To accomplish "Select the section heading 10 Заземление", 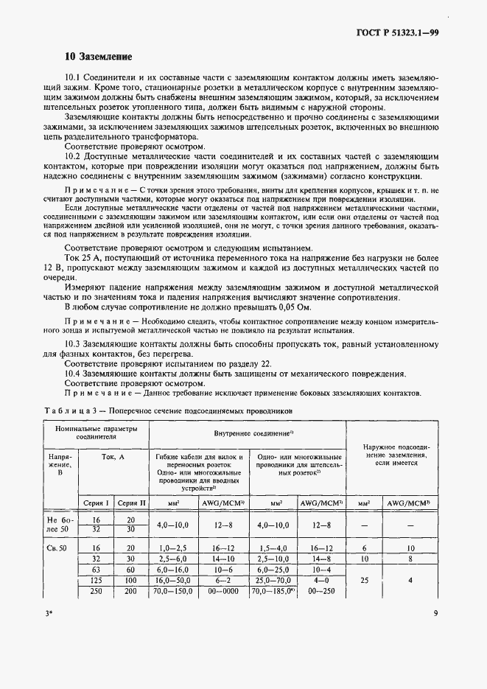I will pyautogui.click(x=98, y=57).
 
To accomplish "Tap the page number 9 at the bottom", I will pyautogui.click(x=436, y=610).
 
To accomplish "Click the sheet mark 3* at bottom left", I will pyautogui.click(x=49, y=610).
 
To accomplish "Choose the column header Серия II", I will pyautogui.click(x=132, y=503).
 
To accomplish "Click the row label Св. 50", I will pyautogui.click(x=56, y=548).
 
